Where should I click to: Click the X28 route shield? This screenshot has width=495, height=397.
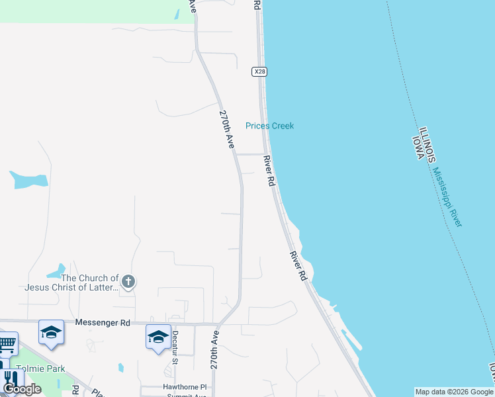(x=259, y=71)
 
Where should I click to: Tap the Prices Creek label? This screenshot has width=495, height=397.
(x=269, y=126)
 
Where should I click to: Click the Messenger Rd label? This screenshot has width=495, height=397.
(x=103, y=322)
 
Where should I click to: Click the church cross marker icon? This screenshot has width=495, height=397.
(x=128, y=283)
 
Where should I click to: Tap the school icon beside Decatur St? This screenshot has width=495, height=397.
(x=158, y=337)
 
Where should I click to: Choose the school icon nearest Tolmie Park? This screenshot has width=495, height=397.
(x=51, y=332)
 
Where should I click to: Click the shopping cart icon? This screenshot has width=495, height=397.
(x=6, y=344)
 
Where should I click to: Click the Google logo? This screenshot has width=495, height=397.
(x=22, y=389)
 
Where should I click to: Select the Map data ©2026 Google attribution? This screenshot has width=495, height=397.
(x=454, y=392)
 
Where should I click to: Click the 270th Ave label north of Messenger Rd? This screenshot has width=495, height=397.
(x=227, y=128)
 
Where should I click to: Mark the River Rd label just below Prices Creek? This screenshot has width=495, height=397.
(x=269, y=171)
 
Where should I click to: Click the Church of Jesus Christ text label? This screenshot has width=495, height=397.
(x=71, y=283)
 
